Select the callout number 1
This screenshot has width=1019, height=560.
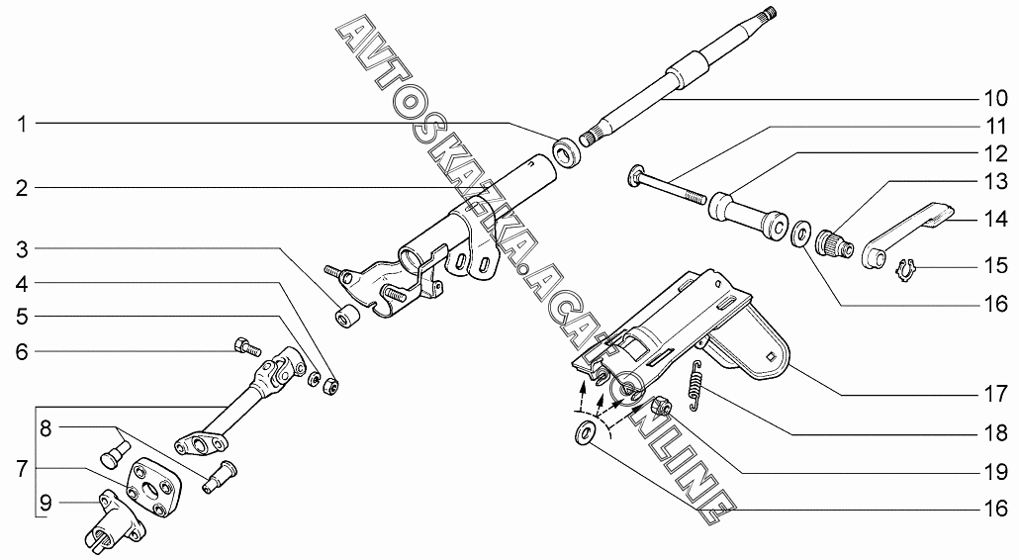pos(23,124)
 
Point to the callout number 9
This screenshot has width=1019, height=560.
pos(46,503)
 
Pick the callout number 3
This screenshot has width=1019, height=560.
pos(23,249)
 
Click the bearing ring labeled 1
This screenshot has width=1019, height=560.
pos(565,151)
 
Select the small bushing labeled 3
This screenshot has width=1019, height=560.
pos(344,315)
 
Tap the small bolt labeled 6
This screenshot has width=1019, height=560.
pos(246,346)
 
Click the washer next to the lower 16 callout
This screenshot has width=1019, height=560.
pos(586,432)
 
